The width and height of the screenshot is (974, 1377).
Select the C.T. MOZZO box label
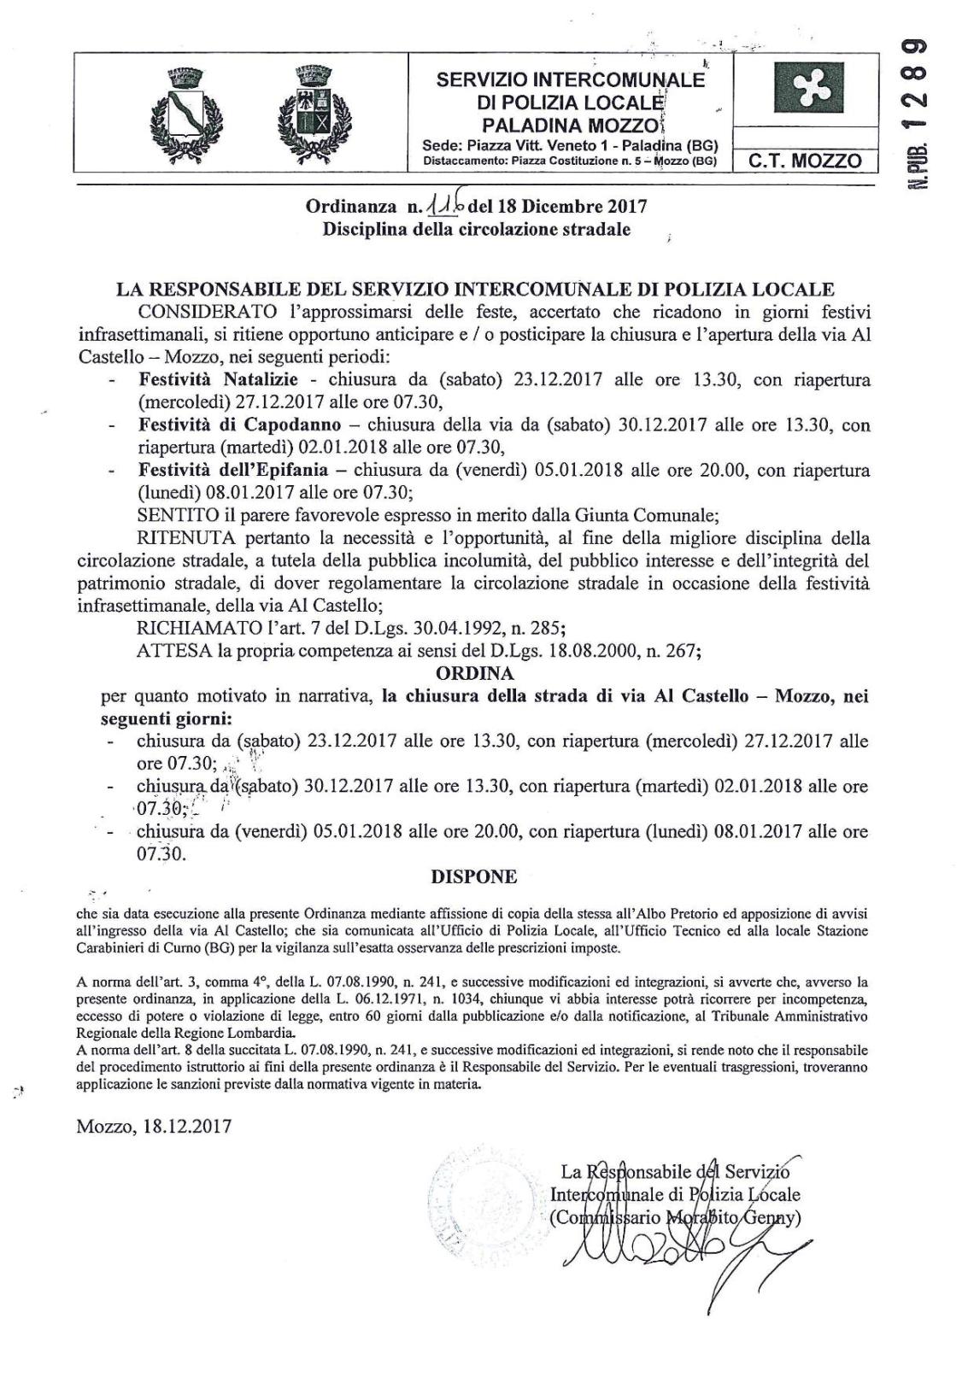805,160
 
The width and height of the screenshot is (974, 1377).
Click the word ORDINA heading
474,674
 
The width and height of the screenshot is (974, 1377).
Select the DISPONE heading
474,876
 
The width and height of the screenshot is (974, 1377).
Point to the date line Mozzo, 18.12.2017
154,1127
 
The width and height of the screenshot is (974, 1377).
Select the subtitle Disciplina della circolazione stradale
476,229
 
